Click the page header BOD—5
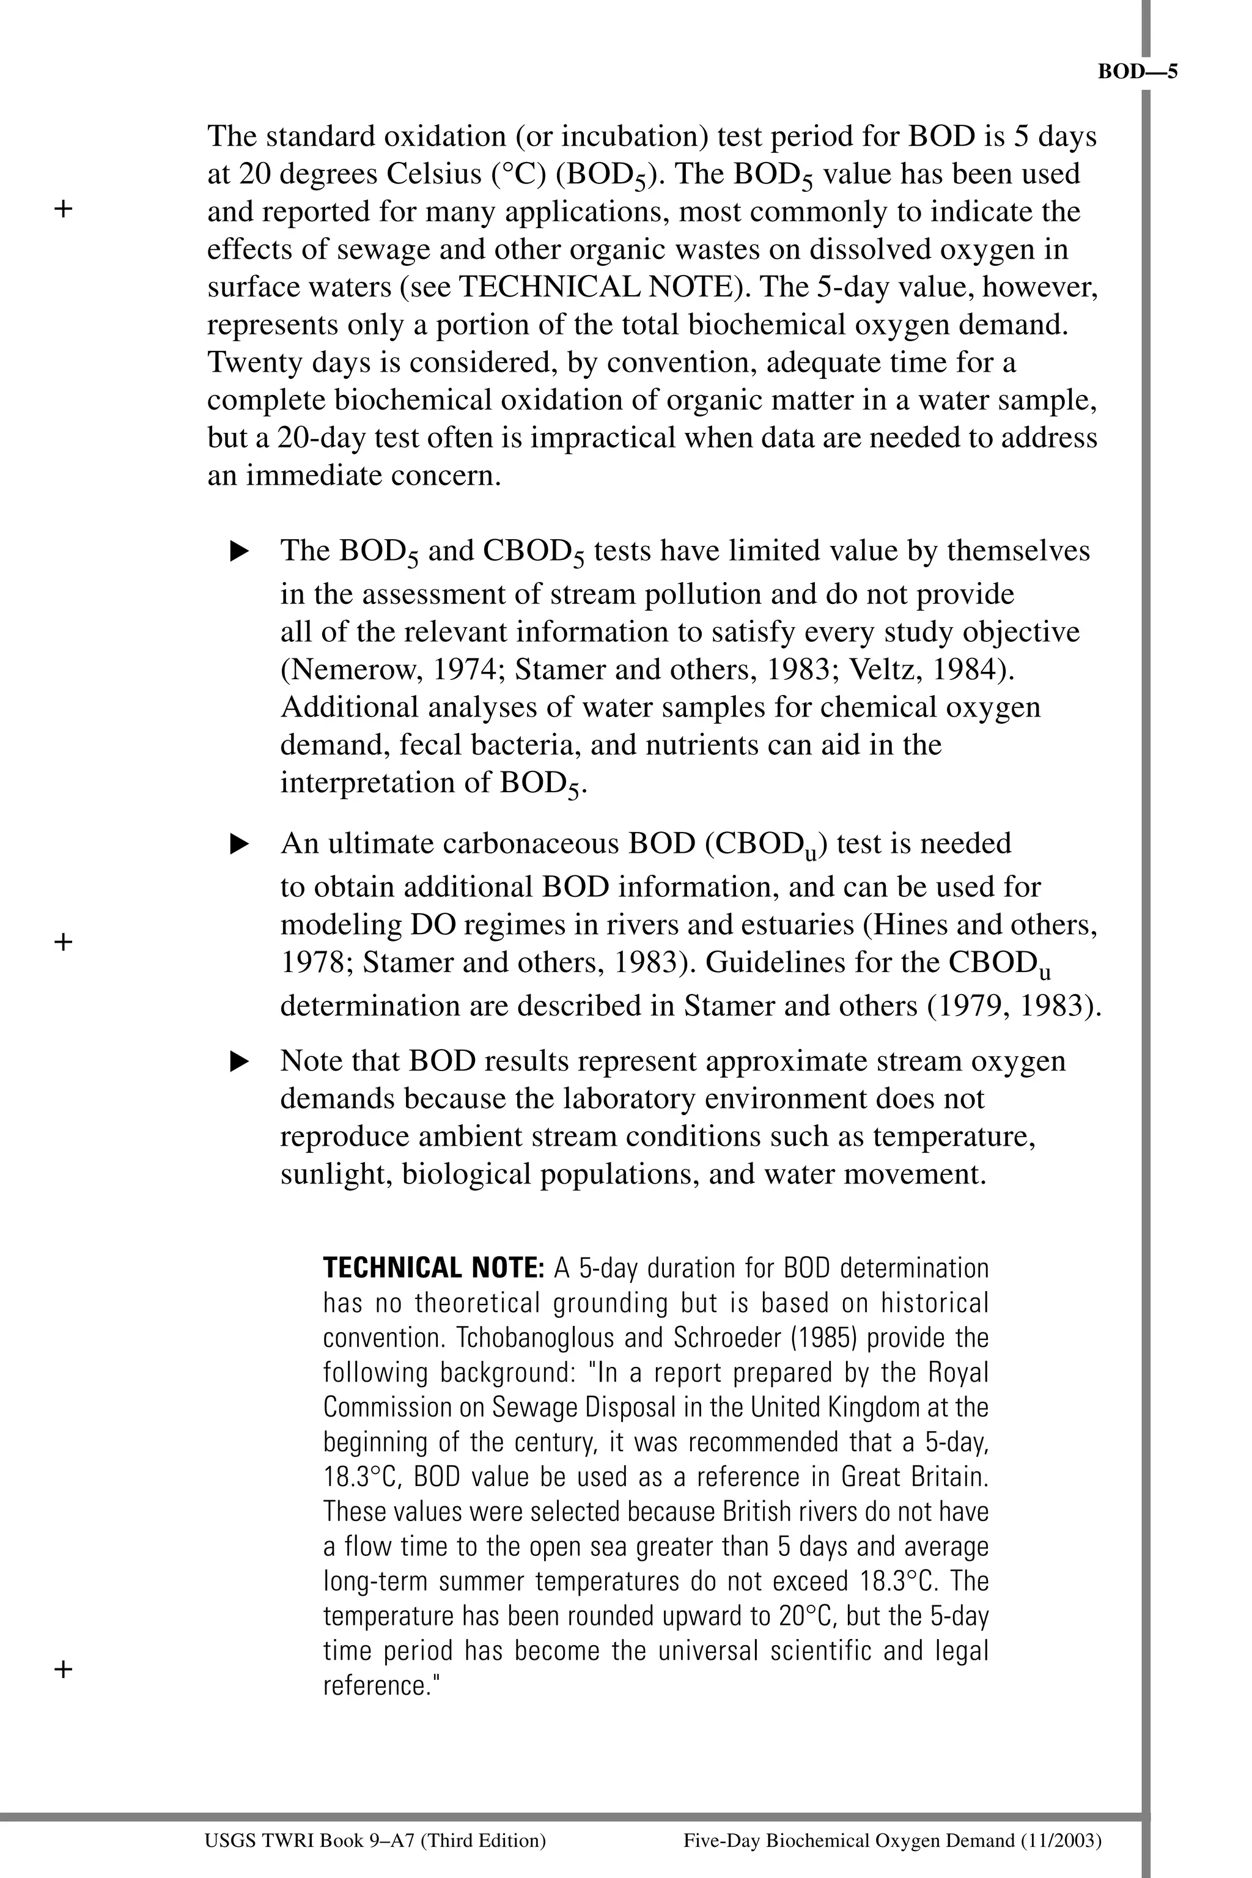(1137, 72)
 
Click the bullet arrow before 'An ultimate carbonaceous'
(240, 844)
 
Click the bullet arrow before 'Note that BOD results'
(240, 1062)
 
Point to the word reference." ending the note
(381, 1685)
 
